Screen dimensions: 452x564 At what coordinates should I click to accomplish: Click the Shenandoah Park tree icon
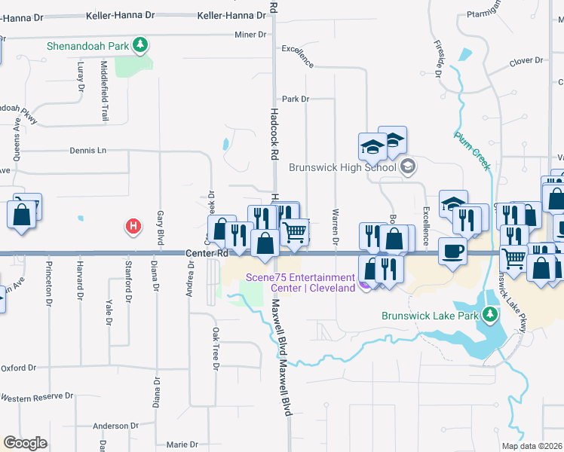click(x=139, y=46)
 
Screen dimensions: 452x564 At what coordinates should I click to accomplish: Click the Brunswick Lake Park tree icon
click(x=491, y=313)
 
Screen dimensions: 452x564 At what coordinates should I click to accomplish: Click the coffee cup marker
click(x=452, y=251)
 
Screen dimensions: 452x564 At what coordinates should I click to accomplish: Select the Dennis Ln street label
click(x=87, y=150)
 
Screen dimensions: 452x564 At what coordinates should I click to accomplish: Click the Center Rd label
click(x=206, y=254)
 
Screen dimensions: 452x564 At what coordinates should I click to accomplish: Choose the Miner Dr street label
click(x=251, y=35)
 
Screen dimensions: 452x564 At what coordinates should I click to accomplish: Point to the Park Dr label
click(x=296, y=99)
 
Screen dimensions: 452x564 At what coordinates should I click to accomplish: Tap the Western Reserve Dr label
click(x=37, y=397)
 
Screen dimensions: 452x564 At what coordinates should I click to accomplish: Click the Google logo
click(x=25, y=443)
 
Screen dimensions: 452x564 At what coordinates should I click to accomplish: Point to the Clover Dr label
click(x=526, y=60)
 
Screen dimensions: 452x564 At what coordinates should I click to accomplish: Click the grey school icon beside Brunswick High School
click(x=408, y=166)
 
